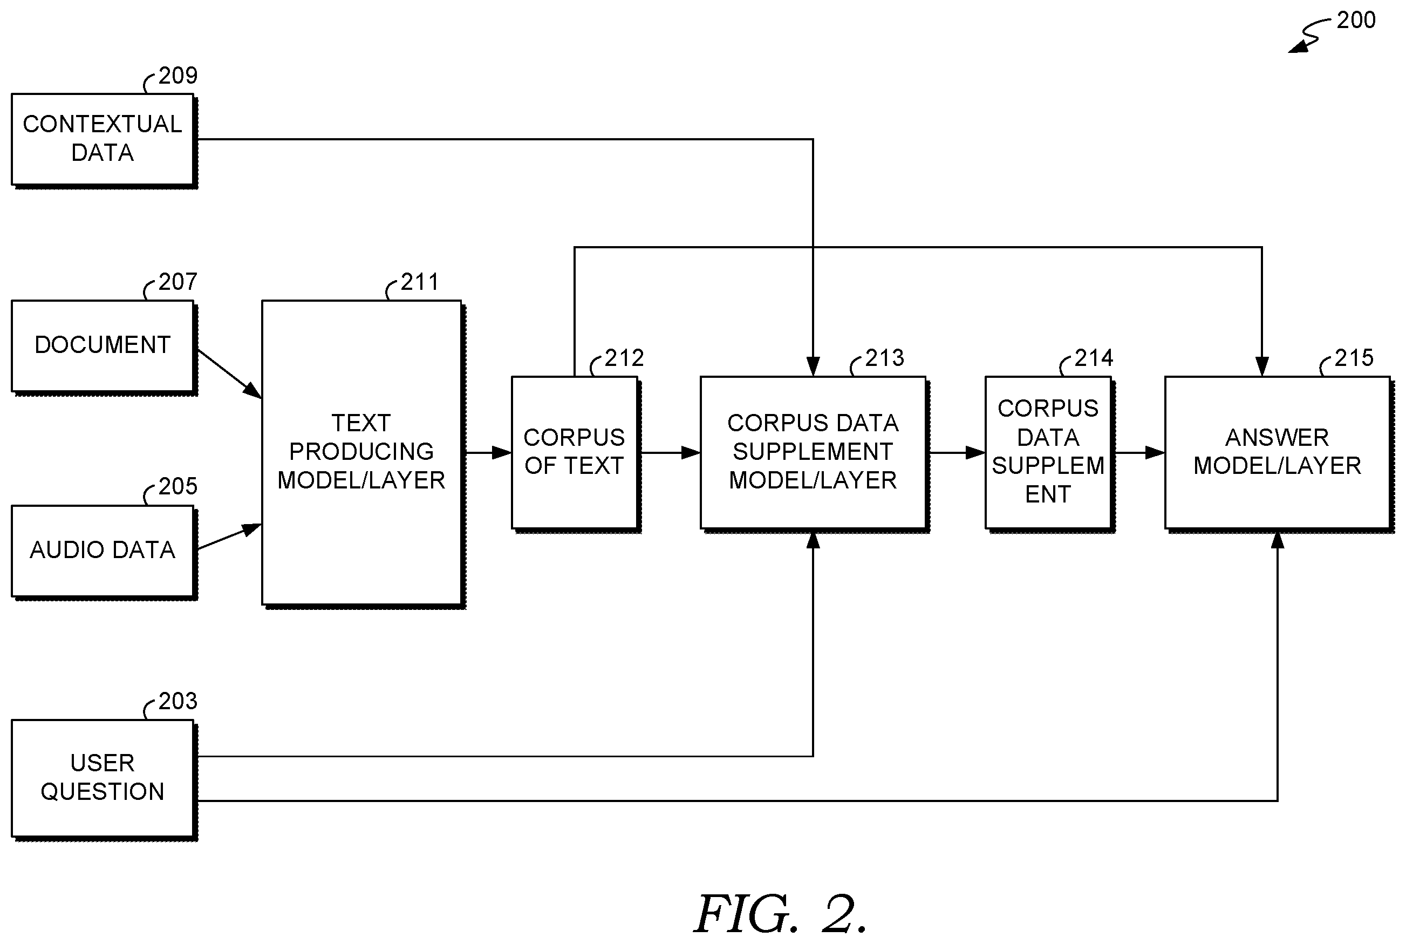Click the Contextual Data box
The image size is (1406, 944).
pos(104,140)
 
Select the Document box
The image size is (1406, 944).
pos(104,347)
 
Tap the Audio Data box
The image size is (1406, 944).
pos(104,552)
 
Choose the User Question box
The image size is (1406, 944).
pos(104,779)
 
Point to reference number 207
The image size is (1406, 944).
pos(178,282)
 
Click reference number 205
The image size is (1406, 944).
pos(178,486)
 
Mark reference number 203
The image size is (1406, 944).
pos(178,701)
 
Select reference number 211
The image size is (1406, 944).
pos(420,282)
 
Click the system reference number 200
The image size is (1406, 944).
pos(1356,20)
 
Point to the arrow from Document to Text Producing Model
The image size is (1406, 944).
pos(229,374)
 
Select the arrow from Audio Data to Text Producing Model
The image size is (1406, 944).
pos(229,536)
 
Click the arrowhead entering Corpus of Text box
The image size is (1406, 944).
pos(502,453)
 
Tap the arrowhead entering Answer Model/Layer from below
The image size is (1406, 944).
pos(1278,540)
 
